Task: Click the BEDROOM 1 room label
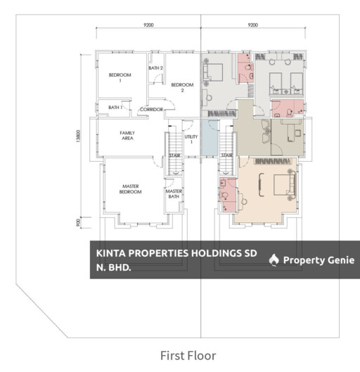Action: [120, 77]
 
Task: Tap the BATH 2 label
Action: [155, 68]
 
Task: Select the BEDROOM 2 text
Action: [182, 87]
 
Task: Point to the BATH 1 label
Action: [115, 108]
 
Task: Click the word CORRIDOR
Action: [151, 110]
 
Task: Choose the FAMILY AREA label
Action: [127, 136]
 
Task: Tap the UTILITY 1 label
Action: [191, 139]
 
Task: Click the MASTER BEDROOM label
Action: [131, 189]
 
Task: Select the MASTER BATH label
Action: [174, 194]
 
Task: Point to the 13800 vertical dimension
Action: [79, 136]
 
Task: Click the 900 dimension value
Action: [79, 222]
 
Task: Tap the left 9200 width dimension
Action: [148, 25]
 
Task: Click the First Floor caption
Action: [188, 356]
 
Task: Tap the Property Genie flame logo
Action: [274, 260]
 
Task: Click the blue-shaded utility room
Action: [210, 137]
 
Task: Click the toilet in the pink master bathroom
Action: [224, 195]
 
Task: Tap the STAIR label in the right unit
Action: [226, 155]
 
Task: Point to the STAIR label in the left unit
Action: [174, 155]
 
